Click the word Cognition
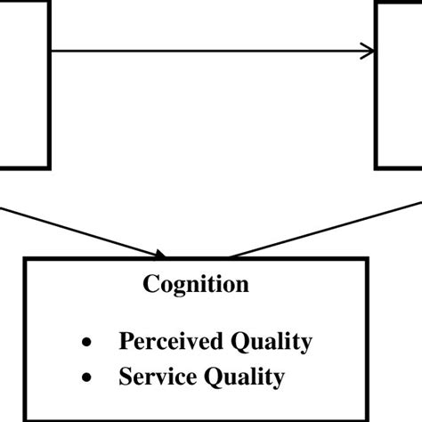(x=196, y=285)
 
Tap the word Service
(x=158, y=377)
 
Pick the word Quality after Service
(x=245, y=377)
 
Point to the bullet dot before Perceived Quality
(x=86, y=343)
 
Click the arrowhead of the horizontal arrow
(x=367, y=52)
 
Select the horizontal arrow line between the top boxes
(x=205, y=52)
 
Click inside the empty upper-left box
(x=22, y=85)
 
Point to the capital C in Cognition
(x=151, y=285)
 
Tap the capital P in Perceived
(x=126, y=341)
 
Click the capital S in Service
(x=125, y=377)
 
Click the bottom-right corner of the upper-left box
(x=49, y=166)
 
